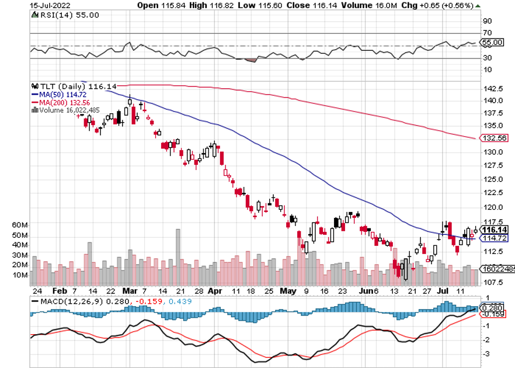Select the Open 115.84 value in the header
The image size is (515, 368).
[157, 5]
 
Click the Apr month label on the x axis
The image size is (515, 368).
[215, 290]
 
